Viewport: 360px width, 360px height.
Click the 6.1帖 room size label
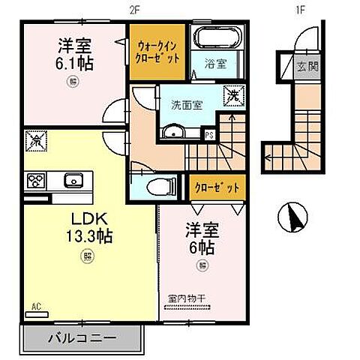73,62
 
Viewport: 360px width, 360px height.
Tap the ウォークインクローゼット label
156,49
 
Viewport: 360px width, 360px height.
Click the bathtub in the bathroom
213,38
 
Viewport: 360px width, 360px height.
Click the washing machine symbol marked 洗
234,96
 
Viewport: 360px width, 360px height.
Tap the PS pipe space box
210,135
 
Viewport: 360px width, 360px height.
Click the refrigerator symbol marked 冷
34,139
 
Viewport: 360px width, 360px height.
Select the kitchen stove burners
36,179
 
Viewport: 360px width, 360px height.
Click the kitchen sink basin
73,180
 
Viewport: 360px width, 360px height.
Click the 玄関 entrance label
307,66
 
